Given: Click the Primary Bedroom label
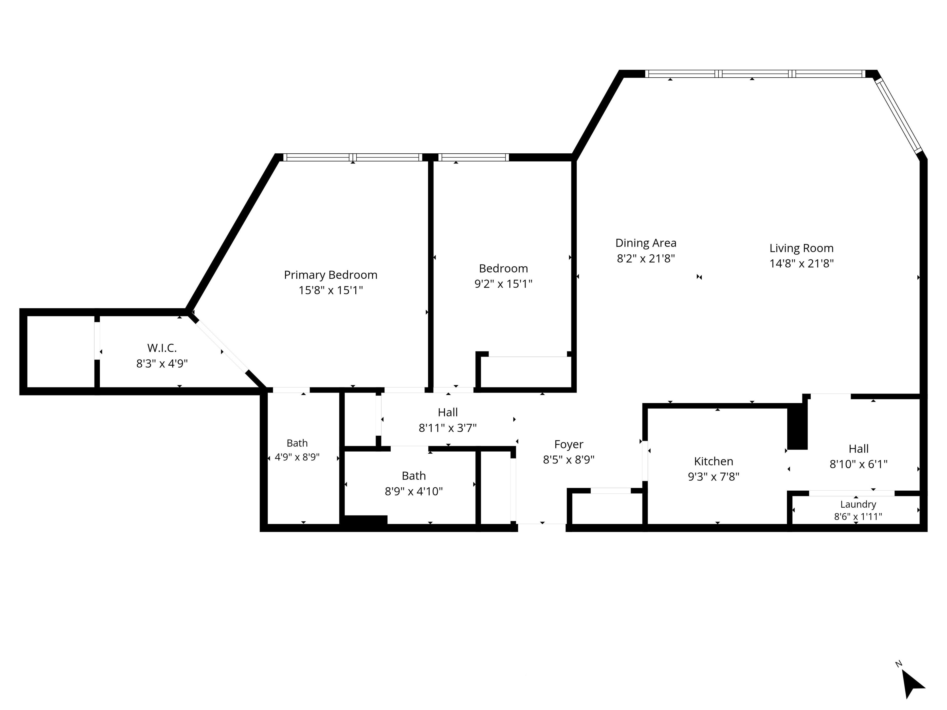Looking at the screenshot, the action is pyautogui.click(x=330, y=275).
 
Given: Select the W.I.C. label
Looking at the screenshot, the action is pyautogui.click(x=162, y=348).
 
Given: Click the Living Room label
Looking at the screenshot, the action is pyautogui.click(x=801, y=248).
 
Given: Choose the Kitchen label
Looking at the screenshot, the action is pyautogui.click(x=713, y=461).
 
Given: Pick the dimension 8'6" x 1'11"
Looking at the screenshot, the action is pyautogui.click(x=858, y=516).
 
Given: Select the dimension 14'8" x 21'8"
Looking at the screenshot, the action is pyautogui.click(x=801, y=264).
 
